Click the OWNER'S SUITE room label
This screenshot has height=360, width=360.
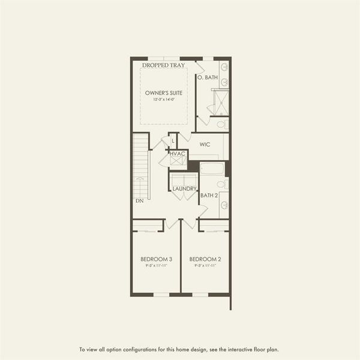click(x=164, y=93)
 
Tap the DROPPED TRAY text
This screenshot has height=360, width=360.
click(x=164, y=65)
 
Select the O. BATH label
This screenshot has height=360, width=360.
click(x=208, y=77)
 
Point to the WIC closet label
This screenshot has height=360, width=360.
click(x=205, y=145)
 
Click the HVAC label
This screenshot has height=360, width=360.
click(x=178, y=154)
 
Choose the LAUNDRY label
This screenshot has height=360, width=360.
click(x=184, y=189)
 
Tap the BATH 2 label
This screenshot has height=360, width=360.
click(x=209, y=196)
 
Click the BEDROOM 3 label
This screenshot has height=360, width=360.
click(x=157, y=259)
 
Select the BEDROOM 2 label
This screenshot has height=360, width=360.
click(x=205, y=259)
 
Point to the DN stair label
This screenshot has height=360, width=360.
click(x=139, y=200)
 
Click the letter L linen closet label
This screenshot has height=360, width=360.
click(x=173, y=142)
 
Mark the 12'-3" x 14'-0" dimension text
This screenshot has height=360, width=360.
click(x=164, y=100)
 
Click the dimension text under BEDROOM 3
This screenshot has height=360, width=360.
click(x=157, y=265)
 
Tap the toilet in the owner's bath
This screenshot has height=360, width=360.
click(x=221, y=125)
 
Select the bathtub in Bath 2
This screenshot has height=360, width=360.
click(x=212, y=169)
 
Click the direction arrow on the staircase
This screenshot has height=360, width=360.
click(x=140, y=178)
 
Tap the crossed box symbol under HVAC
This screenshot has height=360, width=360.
click(x=178, y=161)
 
